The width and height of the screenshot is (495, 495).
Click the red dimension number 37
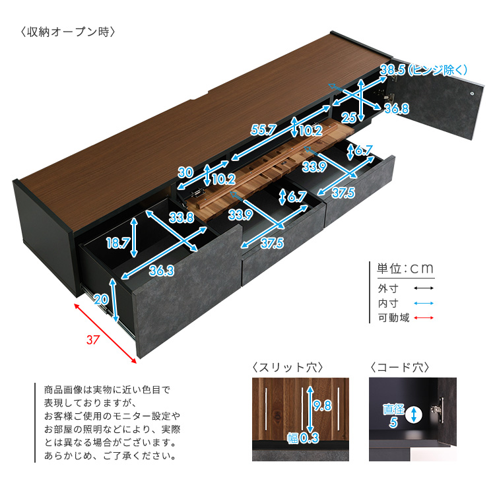93,340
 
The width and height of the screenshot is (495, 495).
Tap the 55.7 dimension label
263,130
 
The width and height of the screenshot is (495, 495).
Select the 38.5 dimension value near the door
393,70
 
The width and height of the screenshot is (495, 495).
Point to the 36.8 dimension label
397,109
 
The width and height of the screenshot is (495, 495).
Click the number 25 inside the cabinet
349,117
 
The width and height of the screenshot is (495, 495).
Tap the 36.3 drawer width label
162,271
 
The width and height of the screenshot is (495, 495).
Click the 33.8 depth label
181,217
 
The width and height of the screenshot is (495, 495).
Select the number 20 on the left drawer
102,299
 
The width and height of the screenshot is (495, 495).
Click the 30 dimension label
185,172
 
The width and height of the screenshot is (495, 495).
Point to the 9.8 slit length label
322,405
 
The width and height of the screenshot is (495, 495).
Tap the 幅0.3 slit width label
303,438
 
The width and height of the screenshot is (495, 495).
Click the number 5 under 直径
393,422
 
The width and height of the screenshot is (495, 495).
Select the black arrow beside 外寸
424,288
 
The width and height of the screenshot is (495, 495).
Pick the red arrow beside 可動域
424,317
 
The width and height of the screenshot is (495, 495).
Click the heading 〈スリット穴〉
288,368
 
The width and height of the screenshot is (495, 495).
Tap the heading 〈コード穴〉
400,368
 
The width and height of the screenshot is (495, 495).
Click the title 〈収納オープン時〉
68,32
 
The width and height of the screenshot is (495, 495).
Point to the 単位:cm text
405,269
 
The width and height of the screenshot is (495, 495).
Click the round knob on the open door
472,94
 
